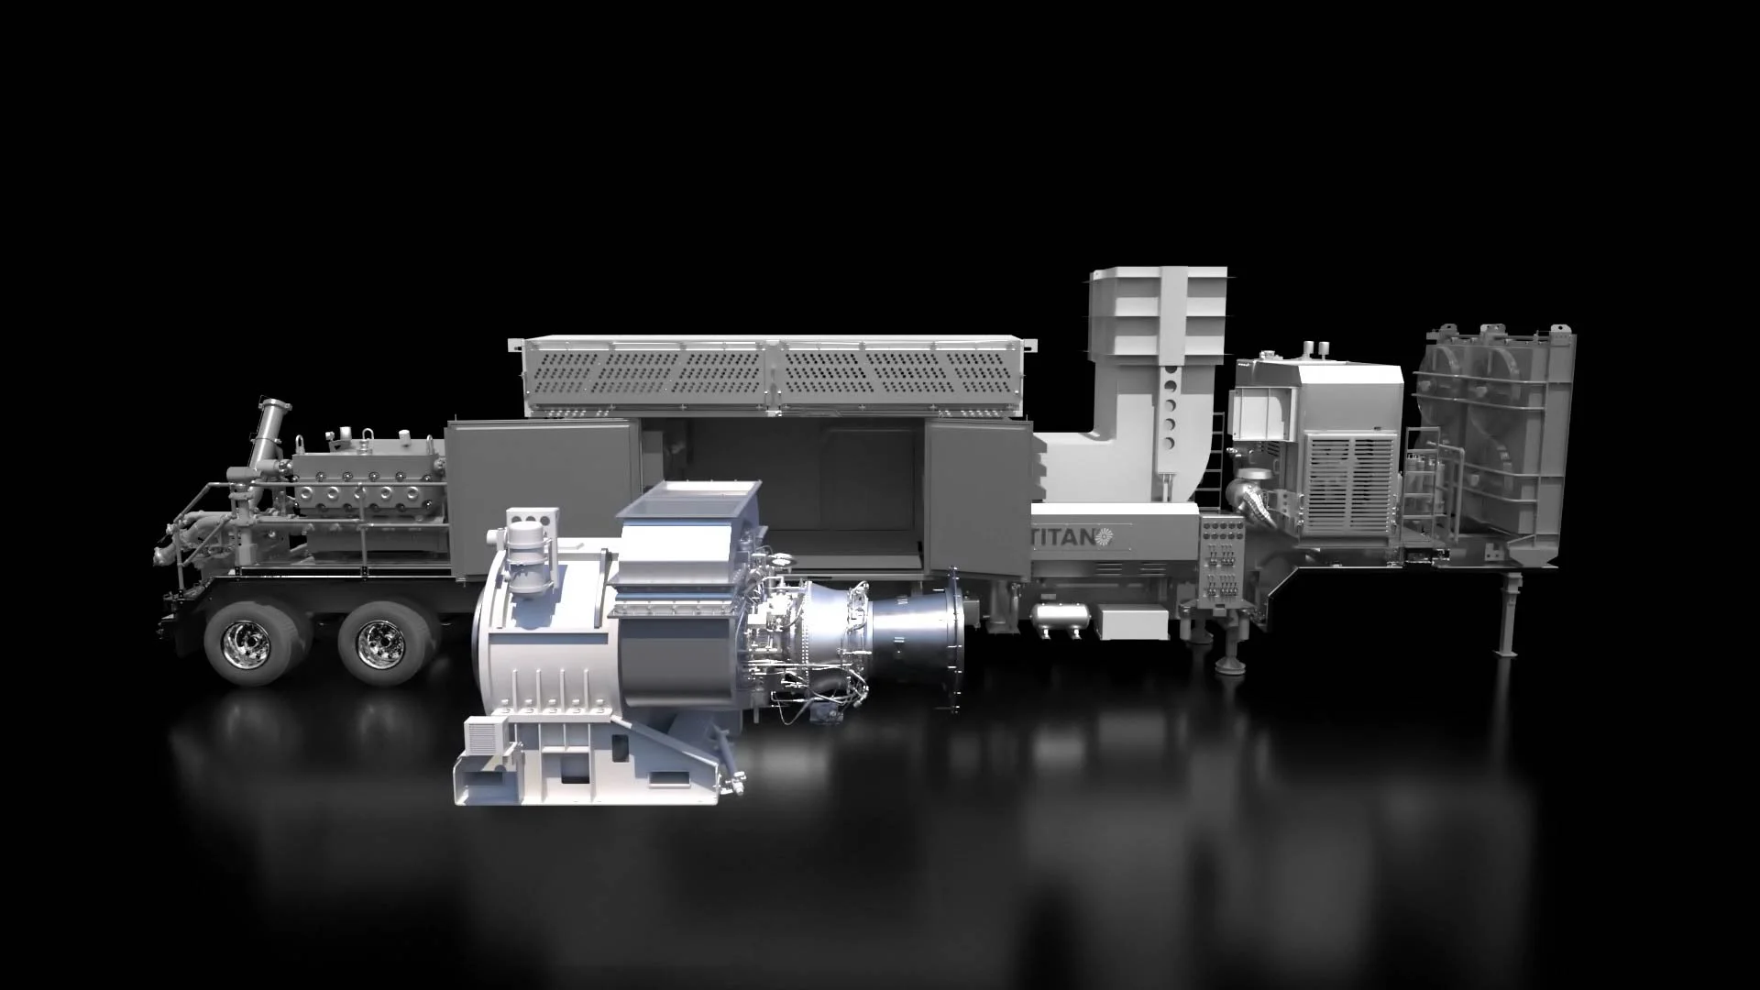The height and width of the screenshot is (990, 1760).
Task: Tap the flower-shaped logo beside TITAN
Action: click(1103, 535)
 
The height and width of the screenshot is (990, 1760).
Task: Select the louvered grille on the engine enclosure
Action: click(1349, 484)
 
